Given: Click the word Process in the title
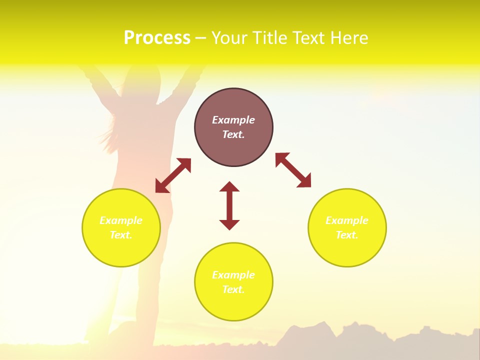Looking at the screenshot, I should (x=157, y=38).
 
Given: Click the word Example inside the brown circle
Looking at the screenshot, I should (x=233, y=120).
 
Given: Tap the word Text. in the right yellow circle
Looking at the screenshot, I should (x=347, y=235).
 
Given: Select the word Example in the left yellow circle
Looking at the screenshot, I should (x=121, y=220).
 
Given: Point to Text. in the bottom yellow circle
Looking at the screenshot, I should (x=233, y=289).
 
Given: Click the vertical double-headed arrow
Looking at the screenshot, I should (x=229, y=205).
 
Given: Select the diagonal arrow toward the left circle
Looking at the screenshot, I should (x=173, y=175).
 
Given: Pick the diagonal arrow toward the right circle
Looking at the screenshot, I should (x=293, y=170).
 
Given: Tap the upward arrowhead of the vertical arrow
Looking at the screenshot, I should (x=229, y=187).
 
